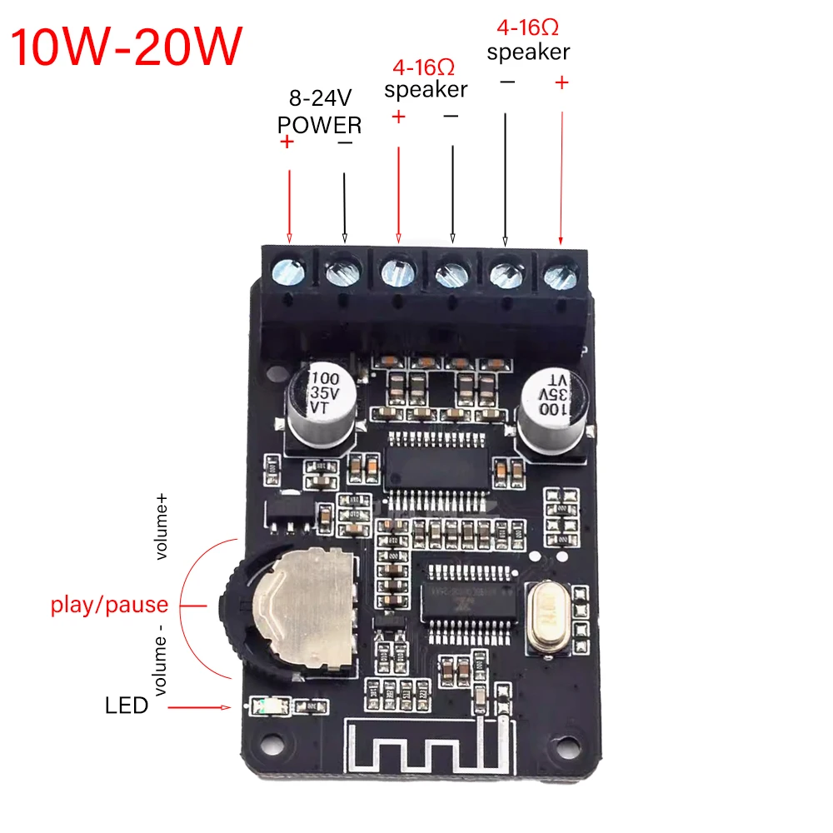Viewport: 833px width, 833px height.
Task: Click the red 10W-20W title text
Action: click(x=127, y=47)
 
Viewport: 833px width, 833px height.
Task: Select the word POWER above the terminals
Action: click(x=320, y=125)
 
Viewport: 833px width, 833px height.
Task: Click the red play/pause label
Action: click(x=109, y=605)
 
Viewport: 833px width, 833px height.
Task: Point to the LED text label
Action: click(x=127, y=706)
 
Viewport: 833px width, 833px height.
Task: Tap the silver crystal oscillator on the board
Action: click(x=551, y=616)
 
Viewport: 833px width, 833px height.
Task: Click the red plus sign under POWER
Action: click(x=288, y=142)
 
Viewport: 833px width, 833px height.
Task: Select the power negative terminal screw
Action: click(x=342, y=271)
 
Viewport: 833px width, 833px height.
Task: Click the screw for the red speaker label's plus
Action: click(x=397, y=271)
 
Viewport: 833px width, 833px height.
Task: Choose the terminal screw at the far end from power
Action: click(x=560, y=271)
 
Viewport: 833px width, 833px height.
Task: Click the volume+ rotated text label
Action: click(x=162, y=526)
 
